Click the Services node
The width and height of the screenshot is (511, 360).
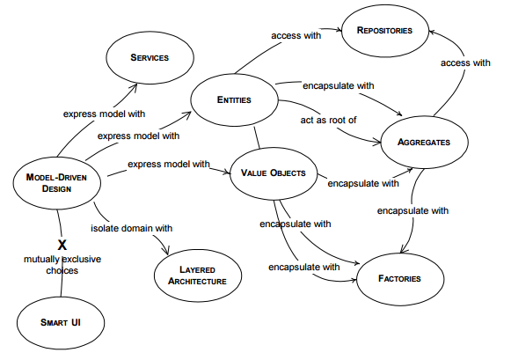tap(150, 57)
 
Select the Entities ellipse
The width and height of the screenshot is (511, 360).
tap(234, 100)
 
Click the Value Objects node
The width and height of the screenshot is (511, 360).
tap(274, 173)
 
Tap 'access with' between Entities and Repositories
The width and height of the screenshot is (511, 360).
tap(296, 36)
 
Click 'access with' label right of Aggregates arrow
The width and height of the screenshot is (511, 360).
tap(465, 62)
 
